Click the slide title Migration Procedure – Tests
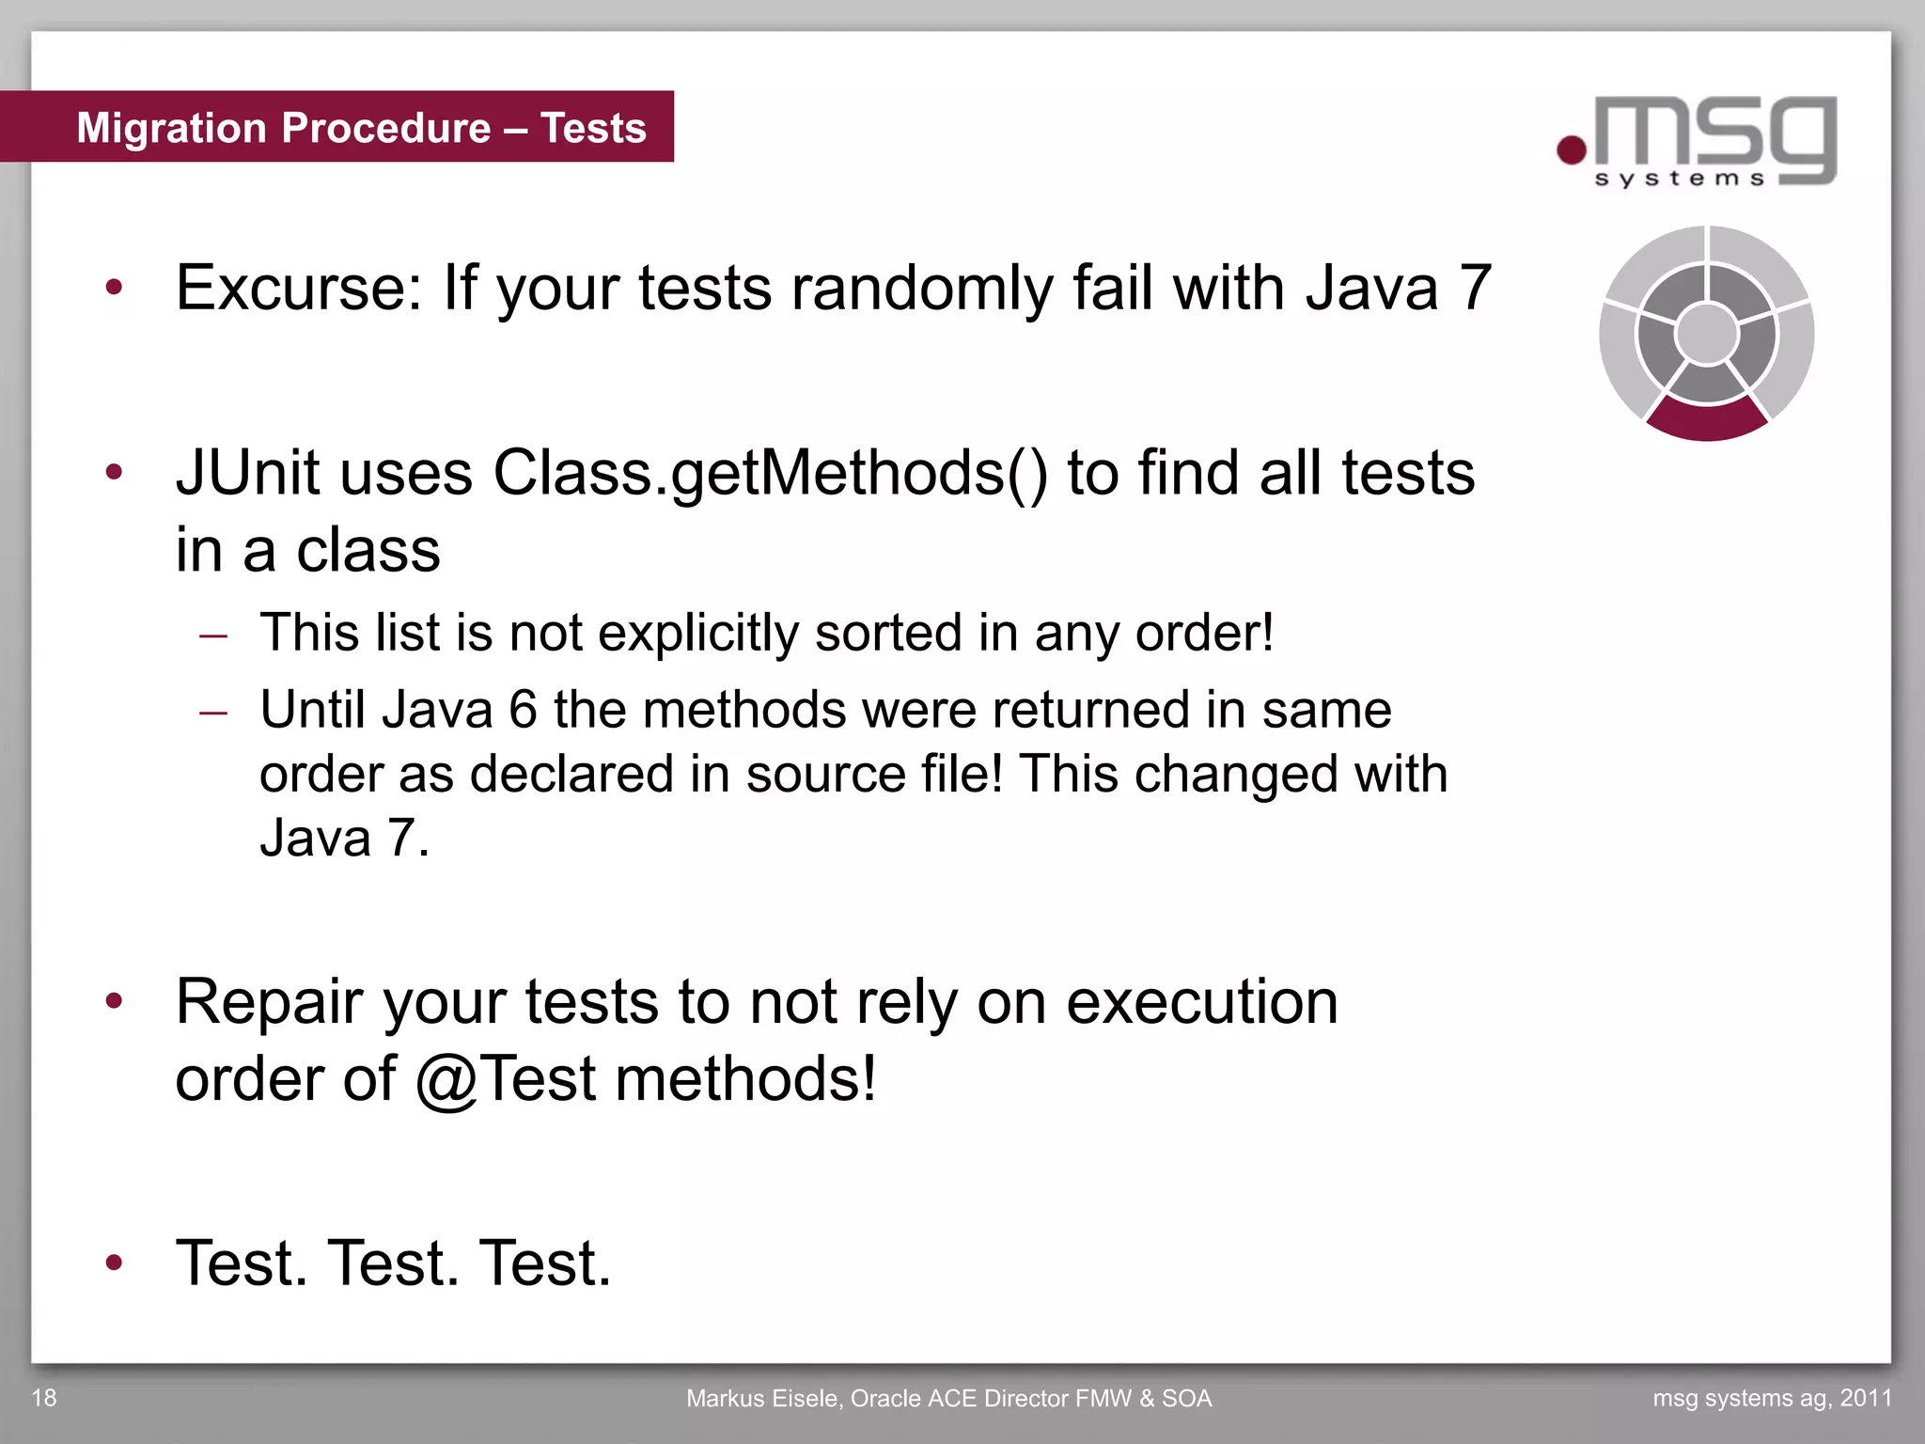pos(361,128)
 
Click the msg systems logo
pos(1698,141)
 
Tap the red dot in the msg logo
pos(1572,149)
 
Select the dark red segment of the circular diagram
pos(1707,420)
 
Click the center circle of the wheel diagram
pos(1707,333)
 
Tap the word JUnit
pos(248,473)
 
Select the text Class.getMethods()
pos(770,473)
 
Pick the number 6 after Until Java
pos(523,710)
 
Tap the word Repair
pos(270,1003)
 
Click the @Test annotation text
pos(506,1079)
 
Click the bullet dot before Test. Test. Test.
pos(115,1262)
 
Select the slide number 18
pos(44,1398)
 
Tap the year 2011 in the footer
pos(1866,1398)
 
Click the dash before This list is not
pos(214,636)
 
